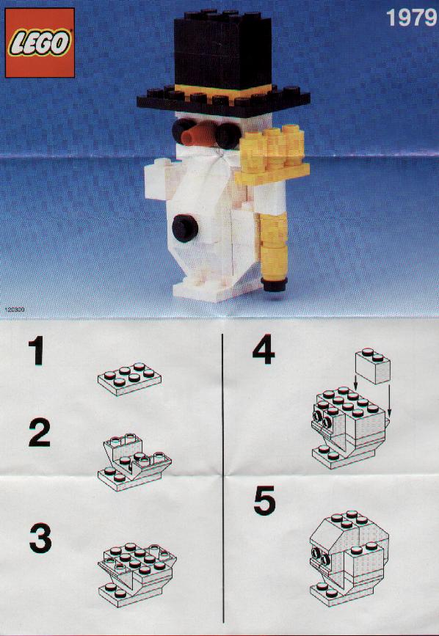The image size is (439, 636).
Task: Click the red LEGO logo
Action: coord(40,43)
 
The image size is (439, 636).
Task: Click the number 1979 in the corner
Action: coord(411,18)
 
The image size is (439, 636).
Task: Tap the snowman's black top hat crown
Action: coord(222,48)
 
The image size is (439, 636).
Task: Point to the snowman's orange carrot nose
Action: coord(197,136)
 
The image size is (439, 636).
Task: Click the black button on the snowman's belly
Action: coord(185,228)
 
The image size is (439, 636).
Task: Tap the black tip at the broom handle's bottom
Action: coord(275,284)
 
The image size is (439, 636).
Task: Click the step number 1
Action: coord(37,351)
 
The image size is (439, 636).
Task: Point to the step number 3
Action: coord(40,538)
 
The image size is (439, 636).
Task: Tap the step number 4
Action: coord(264,349)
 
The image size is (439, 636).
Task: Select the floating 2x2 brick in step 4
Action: coord(372,365)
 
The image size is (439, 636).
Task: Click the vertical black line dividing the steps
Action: coord(222,478)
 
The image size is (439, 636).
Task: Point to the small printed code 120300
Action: coord(15,310)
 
